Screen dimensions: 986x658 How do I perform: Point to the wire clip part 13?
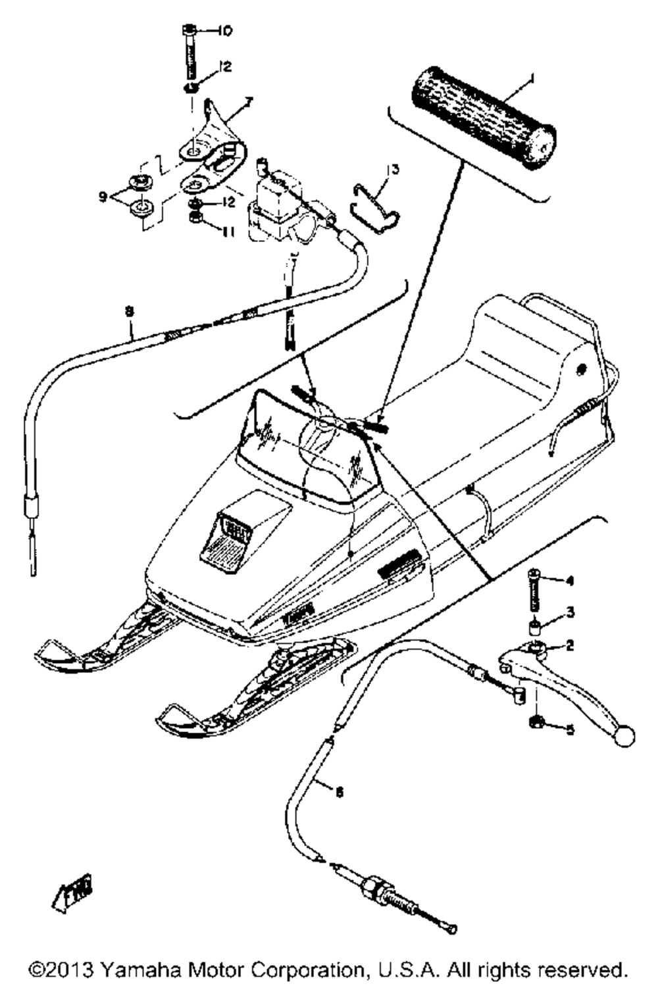(376, 201)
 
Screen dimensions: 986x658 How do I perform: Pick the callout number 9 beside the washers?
(103, 196)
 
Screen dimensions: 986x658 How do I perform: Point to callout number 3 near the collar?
(570, 612)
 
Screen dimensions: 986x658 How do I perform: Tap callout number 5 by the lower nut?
(569, 729)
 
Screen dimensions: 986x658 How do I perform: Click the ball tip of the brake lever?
(625, 735)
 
